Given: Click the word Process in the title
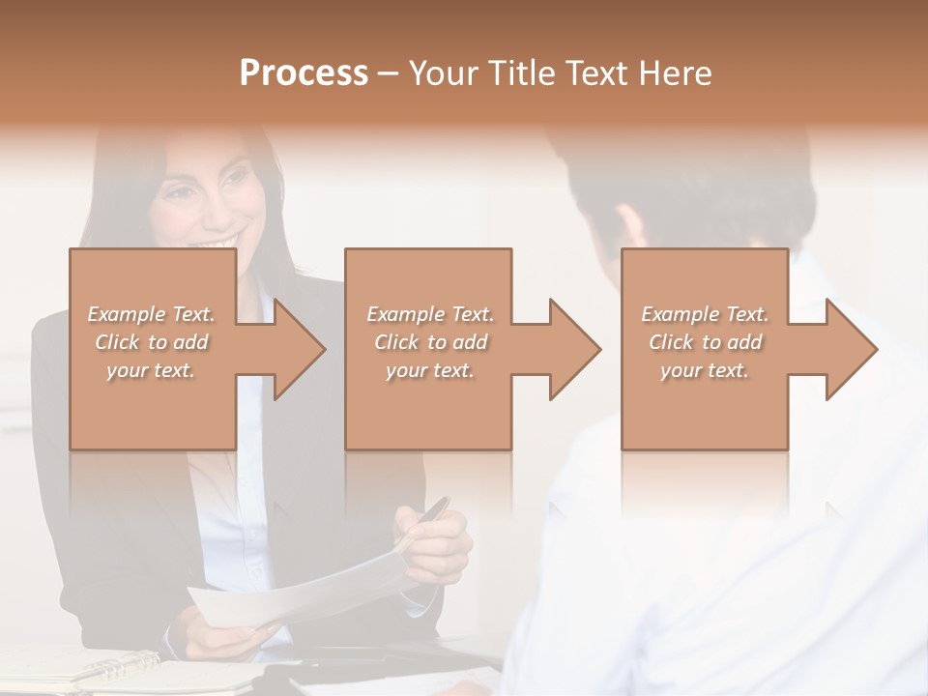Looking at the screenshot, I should tap(304, 73).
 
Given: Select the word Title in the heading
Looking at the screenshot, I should tap(518, 73).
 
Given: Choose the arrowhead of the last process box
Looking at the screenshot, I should tap(850, 349).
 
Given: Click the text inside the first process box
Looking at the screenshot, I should tap(151, 342).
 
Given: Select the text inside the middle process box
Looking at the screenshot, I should tap(429, 342).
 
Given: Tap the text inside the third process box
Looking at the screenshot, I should tap(705, 342).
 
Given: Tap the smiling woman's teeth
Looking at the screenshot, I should tap(219, 241).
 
